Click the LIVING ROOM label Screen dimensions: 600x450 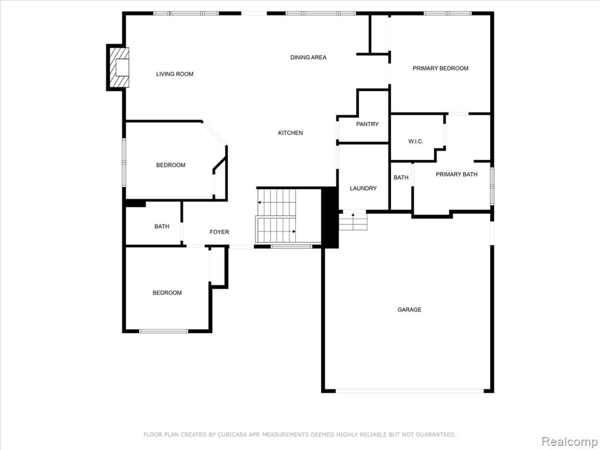175,74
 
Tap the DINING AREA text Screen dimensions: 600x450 308,57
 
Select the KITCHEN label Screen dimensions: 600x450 291,133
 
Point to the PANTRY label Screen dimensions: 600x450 367,124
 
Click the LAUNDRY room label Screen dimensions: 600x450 363,188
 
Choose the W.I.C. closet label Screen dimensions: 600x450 415,142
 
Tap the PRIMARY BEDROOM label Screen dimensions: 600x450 441,69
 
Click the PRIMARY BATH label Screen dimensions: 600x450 456,175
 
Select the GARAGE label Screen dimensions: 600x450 409,309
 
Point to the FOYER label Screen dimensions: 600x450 219,232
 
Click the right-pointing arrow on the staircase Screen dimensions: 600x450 286,231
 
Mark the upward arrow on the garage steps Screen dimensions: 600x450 353,219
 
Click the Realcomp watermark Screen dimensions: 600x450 570,441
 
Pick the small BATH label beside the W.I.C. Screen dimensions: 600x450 401,178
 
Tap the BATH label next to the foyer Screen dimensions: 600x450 162,227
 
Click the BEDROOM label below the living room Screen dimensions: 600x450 171,165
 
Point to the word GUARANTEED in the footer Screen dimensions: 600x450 435,435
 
